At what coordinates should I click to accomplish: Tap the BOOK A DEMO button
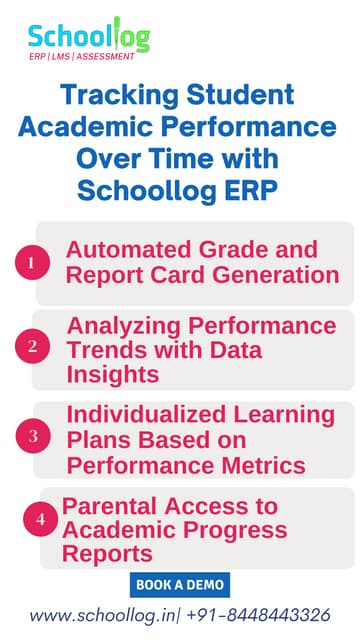[x=180, y=584]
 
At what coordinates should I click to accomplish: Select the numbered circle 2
[x=32, y=348]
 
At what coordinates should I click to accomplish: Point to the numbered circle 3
[x=32, y=437]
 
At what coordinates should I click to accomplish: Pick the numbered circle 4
[x=40, y=519]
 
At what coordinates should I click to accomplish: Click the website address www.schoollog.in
[x=100, y=615]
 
